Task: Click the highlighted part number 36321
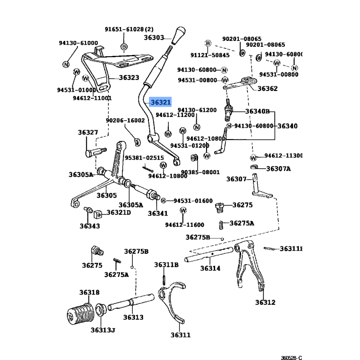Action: click(161, 102)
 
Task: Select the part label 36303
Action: click(154, 38)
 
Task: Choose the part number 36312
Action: click(265, 302)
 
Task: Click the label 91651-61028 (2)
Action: click(129, 29)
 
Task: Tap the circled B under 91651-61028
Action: click(124, 46)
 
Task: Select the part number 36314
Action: click(210, 268)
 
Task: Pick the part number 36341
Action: click(157, 213)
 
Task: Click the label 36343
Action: click(90, 226)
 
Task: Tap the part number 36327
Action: click(88, 132)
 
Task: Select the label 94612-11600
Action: click(184, 225)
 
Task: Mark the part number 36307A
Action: click(279, 169)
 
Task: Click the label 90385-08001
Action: click(200, 172)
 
